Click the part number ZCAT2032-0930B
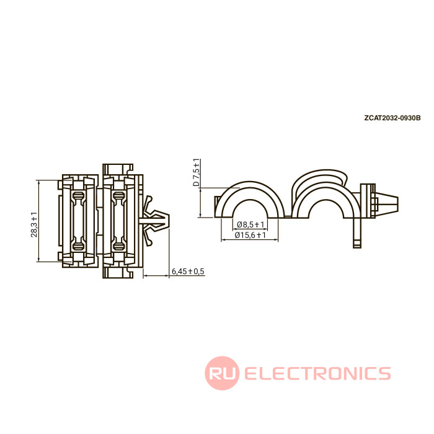pyautogui.click(x=392, y=118)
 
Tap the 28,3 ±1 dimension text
pyautogui.click(x=34, y=224)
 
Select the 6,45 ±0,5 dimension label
pyautogui.click(x=188, y=272)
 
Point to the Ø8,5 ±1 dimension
pyautogui.click(x=250, y=224)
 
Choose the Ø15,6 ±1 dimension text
pyautogui.click(x=250, y=235)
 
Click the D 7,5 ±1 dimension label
pyautogui.click(x=196, y=172)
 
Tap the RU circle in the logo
pyautogui.click(x=222, y=373)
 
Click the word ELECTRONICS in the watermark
pyautogui.click(x=317, y=373)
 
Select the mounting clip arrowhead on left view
pyautogui.click(x=156, y=221)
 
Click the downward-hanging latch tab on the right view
pyautogui.click(x=357, y=232)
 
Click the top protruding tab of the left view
pyautogui.click(x=118, y=169)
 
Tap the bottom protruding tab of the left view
pyautogui.click(x=118, y=273)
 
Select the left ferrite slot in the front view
pyautogui.click(x=78, y=221)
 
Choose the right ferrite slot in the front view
pyautogui.click(x=119, y=221)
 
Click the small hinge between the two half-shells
pyautogui.click(x=288, y=216)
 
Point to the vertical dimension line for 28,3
pyautogui.click(x=38, y=221)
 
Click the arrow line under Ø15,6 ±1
pyautogui.click(x=249, y=240)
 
